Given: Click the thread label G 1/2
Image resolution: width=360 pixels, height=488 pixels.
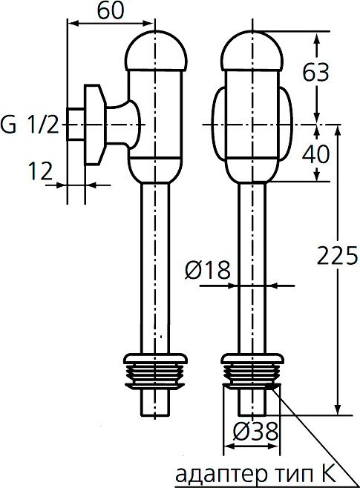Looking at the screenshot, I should coord(30,125).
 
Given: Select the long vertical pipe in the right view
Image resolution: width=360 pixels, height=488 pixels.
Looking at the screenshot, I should coord(253,311).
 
